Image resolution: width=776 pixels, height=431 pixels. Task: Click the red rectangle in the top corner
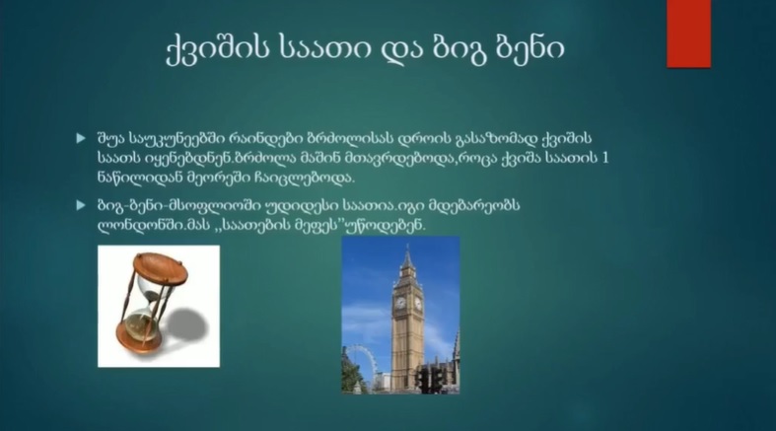pos(688,34)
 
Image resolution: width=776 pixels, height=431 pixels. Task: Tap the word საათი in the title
pos(323,48)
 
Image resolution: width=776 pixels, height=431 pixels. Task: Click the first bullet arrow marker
pos(81,138)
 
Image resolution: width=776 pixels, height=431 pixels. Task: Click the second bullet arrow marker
pos(81,205)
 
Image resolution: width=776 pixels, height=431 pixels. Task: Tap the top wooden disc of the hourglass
pos(161,268)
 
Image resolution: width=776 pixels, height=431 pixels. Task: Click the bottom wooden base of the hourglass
pos(140,339)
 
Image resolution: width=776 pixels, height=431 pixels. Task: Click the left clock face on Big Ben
pos(400,303)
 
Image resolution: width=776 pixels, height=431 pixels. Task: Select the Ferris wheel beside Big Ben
pos(360,367)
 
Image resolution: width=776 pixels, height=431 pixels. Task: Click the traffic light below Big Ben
pos(430,380)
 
